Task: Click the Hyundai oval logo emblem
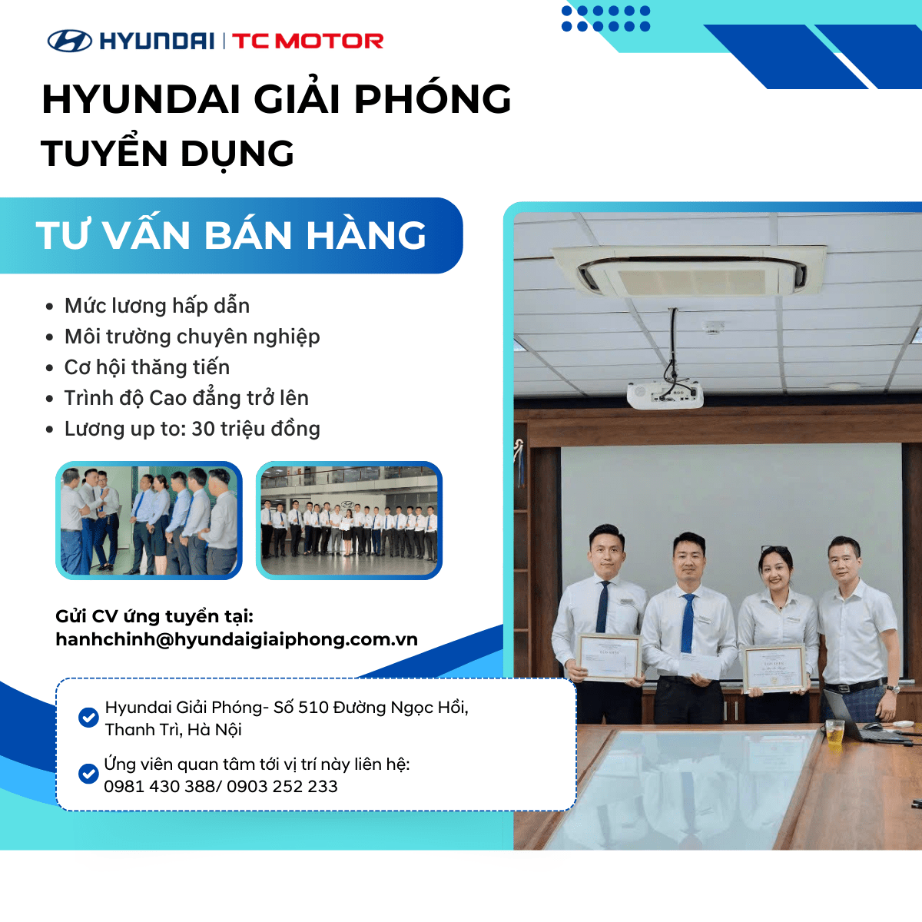pos(69,41)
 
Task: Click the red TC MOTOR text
pos(307,41)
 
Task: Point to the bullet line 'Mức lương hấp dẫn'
pos(157,306)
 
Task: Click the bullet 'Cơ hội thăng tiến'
pos(147,367)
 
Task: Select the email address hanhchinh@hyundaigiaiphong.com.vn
pos(237,639)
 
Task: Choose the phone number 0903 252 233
pos(282,786)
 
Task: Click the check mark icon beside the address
pos(88,718)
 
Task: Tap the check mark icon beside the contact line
pos(88,773)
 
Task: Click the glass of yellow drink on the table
pos(834,731)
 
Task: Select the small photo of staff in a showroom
pos(349,520)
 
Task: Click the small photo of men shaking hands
pos(149,520)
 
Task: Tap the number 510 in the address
pos(313,707)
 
